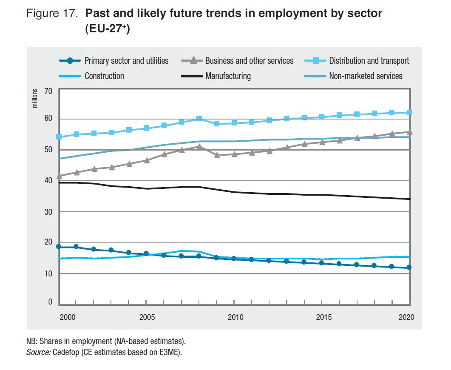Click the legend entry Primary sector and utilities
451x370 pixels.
pyautogui.click(x=126, y=61)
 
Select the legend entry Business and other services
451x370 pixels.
pyautogui.click(x=249, y=61)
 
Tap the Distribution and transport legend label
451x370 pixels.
pyautogui.click(x=369, y=61)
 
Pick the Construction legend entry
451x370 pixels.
pyautogui.click(x=104, y=76)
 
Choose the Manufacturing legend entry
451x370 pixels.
pyautogui.click(x=228, y=76)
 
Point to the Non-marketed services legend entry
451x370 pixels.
pyautogui.click(x=366, y=76)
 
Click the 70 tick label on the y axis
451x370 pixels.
pyautogui.click(x=48, y=91)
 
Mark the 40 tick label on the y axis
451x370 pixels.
pyautogui.click(x=48, y=181)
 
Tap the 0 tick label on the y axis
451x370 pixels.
pyautogui.click(x=50, y=302)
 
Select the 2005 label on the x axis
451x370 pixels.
pyautogui.click(x=147, y=317)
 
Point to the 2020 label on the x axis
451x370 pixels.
pyautogui.click(x=406, y=317)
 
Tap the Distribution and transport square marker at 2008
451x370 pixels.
pyautogui.click(x=199, y=119)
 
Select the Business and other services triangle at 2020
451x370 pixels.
pyautogui.click(x=410, y=132)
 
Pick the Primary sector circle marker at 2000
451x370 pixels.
pyautogui.click(x=59, y=247)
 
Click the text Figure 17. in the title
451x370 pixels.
pyautogui.click(x=53, y=13)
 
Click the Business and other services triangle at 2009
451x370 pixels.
pyautogui.click(x=216, y=155)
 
